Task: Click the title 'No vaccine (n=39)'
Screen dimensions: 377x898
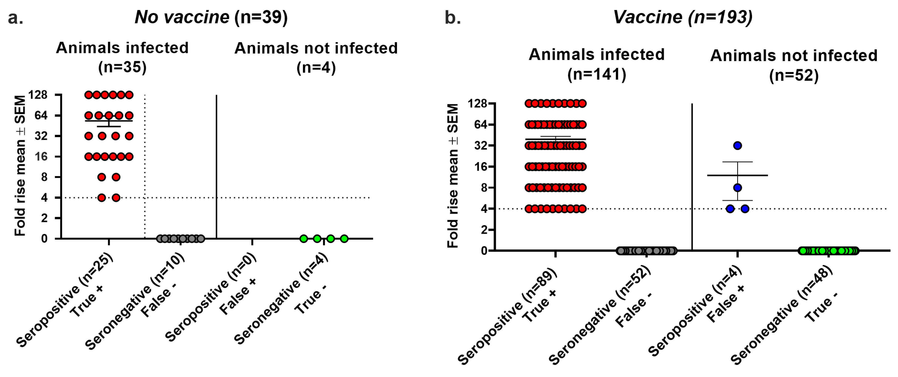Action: [211, 17]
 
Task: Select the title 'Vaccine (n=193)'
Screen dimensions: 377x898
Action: [682, 17]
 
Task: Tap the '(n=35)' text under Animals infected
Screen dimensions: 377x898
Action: [122, 67]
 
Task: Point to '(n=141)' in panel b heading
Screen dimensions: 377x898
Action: [597, 74]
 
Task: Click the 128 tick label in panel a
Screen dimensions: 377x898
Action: [38, 95]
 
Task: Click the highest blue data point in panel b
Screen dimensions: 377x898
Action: [737, 145]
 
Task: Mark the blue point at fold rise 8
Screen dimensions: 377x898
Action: [737, 188]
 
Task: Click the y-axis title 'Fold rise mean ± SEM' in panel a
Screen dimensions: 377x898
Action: [20, 166]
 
